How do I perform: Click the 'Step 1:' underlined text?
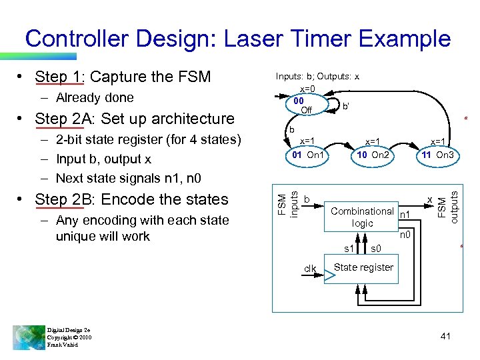(59, 77)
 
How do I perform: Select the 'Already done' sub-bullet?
(95, 98)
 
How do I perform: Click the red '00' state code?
(299, 101)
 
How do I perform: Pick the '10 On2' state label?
(373, 155)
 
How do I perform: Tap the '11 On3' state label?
(437, 155)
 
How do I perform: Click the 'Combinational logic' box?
(362, 217)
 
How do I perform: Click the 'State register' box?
(363, 267)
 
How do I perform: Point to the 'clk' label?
(310, 269)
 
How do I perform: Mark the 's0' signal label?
(376, 249)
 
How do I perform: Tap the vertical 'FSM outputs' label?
(446, 204)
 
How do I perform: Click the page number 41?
(445, 337)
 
